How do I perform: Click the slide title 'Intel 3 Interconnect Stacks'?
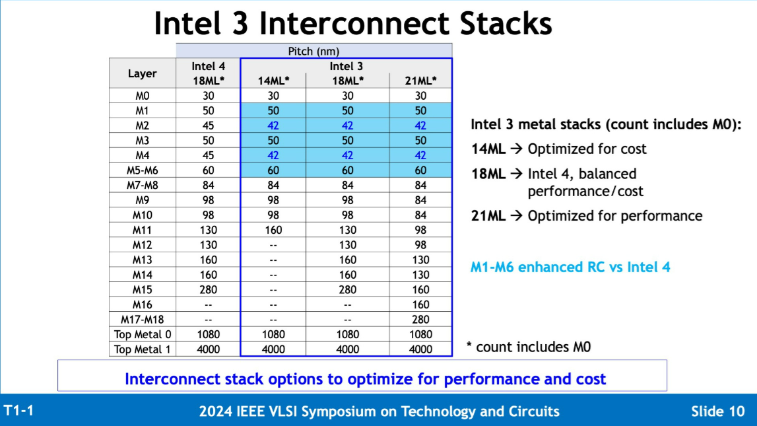(352, 24)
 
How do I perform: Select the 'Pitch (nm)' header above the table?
(313, 51)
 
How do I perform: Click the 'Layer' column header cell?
(142, 73)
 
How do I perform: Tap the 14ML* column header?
(273, 81)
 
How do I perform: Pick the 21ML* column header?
(420, 81)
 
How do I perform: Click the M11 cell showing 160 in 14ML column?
(273, 230)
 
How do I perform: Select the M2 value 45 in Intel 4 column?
(208, 125)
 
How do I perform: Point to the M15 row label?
(142, 289)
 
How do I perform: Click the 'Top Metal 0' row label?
(142, 334)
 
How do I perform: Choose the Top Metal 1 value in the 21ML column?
(420, 349)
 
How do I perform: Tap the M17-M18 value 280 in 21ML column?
(420, 320)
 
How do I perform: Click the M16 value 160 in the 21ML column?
(420, 304)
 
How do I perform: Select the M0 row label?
(142, 96)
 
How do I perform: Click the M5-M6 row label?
(142, 170)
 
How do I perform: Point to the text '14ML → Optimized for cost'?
(558, 149)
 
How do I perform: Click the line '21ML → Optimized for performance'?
(586, 216)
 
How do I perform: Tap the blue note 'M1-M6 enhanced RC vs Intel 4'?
(570, 267)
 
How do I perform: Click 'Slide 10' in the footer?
(717, 411)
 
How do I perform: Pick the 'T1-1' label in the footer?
(18, 410)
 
